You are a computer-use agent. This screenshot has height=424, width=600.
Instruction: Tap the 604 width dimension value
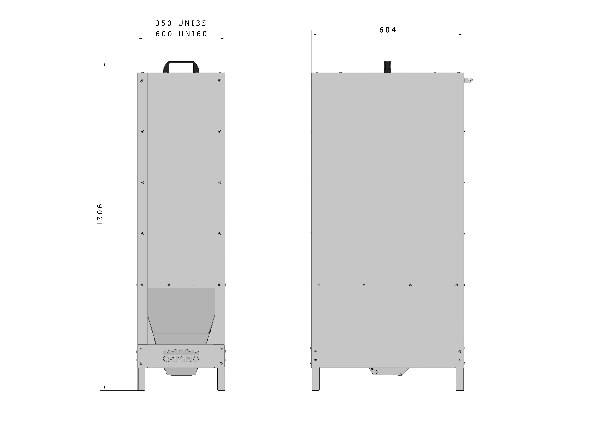click(388, 30)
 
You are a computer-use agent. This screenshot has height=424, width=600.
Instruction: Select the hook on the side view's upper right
click(468, 80)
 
